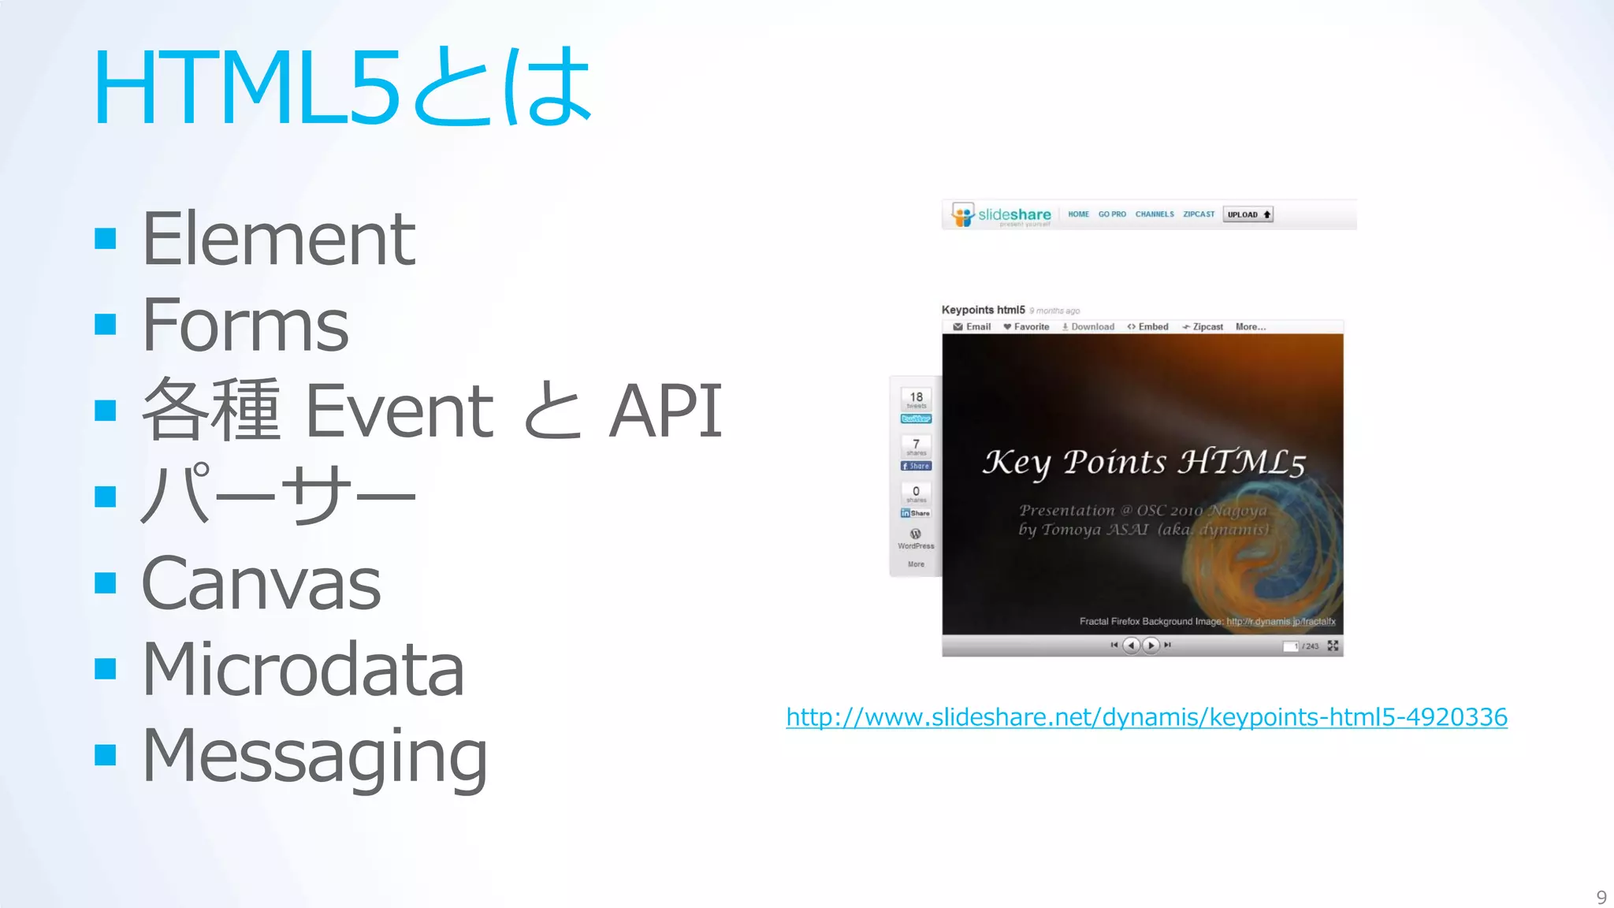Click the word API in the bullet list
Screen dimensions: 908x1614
pyautogui.click(x=665, y=411)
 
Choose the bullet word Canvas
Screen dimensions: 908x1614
pyautogui.click(x=261, y=583)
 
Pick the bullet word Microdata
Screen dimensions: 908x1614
pyautogui.click(x=303, y=669)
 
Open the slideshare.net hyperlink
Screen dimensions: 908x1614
pyautogui.click(x=1147, y=717)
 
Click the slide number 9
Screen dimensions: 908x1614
pyautogui.click(x=1601, y=897)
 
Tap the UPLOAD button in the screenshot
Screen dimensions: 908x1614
pyautogui.click(x=1248, y=214)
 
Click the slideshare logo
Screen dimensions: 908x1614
pyautogui.click(x=1002, y=214)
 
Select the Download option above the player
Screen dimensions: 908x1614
pyautogui.click(x=1088, y=327)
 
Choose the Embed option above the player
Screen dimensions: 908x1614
pyautogui.click(x=1148, y=327)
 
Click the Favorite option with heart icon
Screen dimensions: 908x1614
pyautogui.click(x=1026, y=327)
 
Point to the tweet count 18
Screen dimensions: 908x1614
pyautogui.click(x=916, y=397)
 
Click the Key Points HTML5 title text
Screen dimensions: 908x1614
pyautogui.click(x=1144, y=463)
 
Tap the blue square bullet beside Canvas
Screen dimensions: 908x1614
pyautogui.click(x=105, y=583)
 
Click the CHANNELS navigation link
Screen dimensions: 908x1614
pyautogui.click(x=1155, y=214)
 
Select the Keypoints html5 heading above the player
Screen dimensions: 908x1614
pyautogui.click(x=983, y=310)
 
